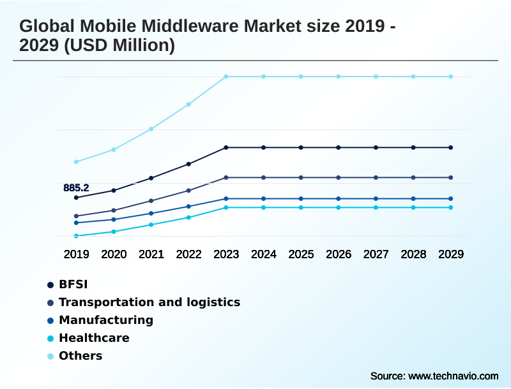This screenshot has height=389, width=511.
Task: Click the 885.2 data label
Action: (x=76, y=187)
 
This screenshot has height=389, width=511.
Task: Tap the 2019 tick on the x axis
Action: (x=76, y=254)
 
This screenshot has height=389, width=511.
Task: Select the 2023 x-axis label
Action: (x=226, y=254)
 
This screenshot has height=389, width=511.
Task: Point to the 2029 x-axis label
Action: (x=451, y=254)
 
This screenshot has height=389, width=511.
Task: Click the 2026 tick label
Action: (x=339, y=254)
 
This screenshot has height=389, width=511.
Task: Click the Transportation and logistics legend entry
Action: (x=149, y=302)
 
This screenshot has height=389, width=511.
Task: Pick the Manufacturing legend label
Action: (x=105, y=320)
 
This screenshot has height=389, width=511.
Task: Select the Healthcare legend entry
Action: (x=93, y=338)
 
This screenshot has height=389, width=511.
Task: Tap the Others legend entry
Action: (x=80, y=356)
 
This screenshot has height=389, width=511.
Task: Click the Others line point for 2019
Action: (x=76, y=162)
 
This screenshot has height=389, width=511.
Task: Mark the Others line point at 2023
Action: (x=226, y=77)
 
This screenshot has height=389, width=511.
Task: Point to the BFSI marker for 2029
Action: (x=451, y=147)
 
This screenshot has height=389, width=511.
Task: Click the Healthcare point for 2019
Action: (x=76, y=236)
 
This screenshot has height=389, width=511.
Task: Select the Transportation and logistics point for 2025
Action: (x=301, y=177)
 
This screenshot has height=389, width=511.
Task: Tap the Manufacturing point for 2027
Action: (x=376, y=198)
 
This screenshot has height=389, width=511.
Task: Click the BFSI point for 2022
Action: (x=188, y=164)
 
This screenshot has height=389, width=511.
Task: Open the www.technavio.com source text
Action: (x=454, y=376)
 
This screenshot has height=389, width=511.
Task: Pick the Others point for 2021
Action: (x=151, y=129)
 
